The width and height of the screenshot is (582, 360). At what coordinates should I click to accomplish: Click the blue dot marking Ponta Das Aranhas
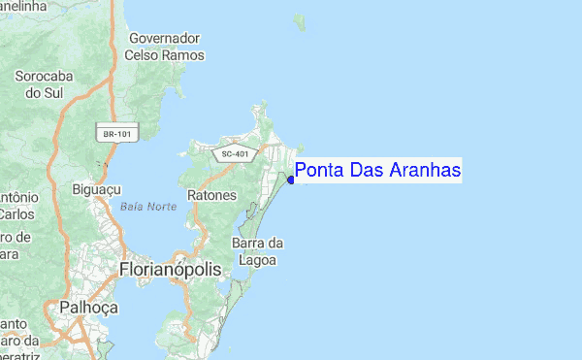(291, 180)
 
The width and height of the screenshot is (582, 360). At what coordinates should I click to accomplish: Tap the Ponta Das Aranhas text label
(378, 171)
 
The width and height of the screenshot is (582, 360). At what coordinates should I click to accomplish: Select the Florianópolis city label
(170, 267)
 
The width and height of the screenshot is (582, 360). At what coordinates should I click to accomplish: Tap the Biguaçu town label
(96, 189)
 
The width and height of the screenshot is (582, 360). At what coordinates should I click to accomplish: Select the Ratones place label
(211, 195)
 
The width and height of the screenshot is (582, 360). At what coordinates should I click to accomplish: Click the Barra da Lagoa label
(257, 250)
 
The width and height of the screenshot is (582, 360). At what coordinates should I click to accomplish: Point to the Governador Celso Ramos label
(165, 47)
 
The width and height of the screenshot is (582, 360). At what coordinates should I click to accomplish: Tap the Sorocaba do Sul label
(45, 83)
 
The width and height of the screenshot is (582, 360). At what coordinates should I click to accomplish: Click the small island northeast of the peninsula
(301, 19)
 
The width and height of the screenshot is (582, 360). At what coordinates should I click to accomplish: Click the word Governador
(165, 39)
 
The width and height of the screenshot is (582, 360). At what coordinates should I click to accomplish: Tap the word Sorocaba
(45, 75)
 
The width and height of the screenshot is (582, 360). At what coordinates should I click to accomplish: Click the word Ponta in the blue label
(316, 171)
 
